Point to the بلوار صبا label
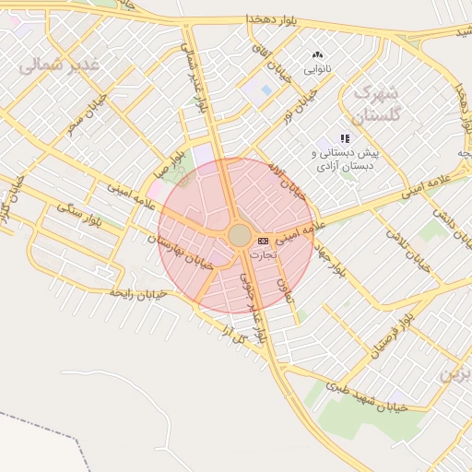coord(174,147)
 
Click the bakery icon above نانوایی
coord(318,55)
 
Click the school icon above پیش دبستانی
coord(346,138)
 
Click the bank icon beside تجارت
coord(264,240)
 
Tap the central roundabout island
coord(239,236)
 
